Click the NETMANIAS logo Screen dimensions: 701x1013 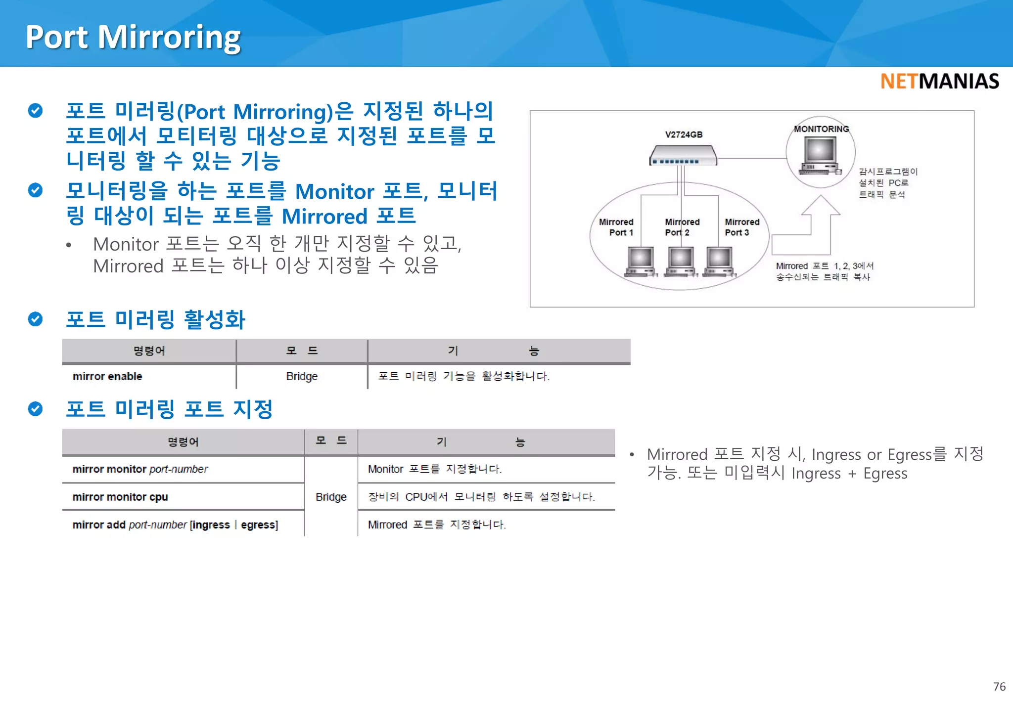(x=939, y=82)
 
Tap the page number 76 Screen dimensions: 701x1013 (x=999, y=687)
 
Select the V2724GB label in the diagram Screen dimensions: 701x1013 (x=684, y=134)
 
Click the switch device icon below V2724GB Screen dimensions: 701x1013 (x=683, y=156)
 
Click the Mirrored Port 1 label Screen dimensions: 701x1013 (x=616, y=227)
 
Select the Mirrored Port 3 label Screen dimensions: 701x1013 (x=741, y=227)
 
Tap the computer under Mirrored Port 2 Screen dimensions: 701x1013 (x=681, y=261)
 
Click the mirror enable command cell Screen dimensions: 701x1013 (x=107, y=377)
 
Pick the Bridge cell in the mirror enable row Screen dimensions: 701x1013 (x=302, y=377)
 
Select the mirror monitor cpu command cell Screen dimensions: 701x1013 (x=120, y=497)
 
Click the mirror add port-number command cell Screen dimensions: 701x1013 (x=175, y=525)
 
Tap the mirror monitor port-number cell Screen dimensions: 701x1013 (x=140, y=469)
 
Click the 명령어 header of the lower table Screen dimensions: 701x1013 (x=183, y=442)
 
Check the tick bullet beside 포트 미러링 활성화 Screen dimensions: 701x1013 (x=35, y=319)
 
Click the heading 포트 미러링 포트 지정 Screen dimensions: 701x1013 (x=169, y=409)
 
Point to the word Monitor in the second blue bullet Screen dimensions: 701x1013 (x=334, y=192)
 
